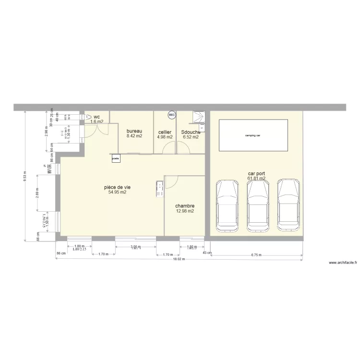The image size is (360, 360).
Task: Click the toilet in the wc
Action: (88, 117)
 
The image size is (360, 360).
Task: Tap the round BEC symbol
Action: (172, 115)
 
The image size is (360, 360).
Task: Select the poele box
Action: (115, 157)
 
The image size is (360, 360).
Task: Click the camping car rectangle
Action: (253, 136)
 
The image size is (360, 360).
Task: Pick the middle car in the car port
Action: (257, 205)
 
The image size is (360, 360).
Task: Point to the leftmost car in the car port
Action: (227, 205)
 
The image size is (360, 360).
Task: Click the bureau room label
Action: (134, 131)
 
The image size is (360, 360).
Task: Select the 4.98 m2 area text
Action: (165, 137)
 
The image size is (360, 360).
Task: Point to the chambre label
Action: (185, 206)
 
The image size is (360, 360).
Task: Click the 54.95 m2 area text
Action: (118, 192)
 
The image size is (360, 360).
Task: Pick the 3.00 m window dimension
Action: (136, 247)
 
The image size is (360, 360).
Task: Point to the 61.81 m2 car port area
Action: (256, 179)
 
